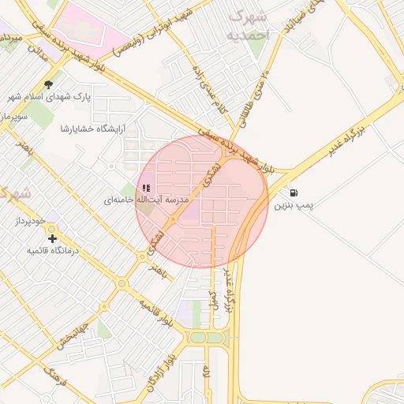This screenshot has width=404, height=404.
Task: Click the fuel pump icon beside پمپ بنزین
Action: (294, 193)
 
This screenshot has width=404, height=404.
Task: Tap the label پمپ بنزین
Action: (294, 206)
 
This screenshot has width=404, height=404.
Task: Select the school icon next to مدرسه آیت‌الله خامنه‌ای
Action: (146, 188)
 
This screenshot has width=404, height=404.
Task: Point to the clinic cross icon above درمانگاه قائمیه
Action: (52, 238)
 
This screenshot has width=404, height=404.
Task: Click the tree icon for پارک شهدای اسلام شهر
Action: (49, 84)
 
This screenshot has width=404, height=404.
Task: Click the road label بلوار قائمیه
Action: (155, 312)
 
